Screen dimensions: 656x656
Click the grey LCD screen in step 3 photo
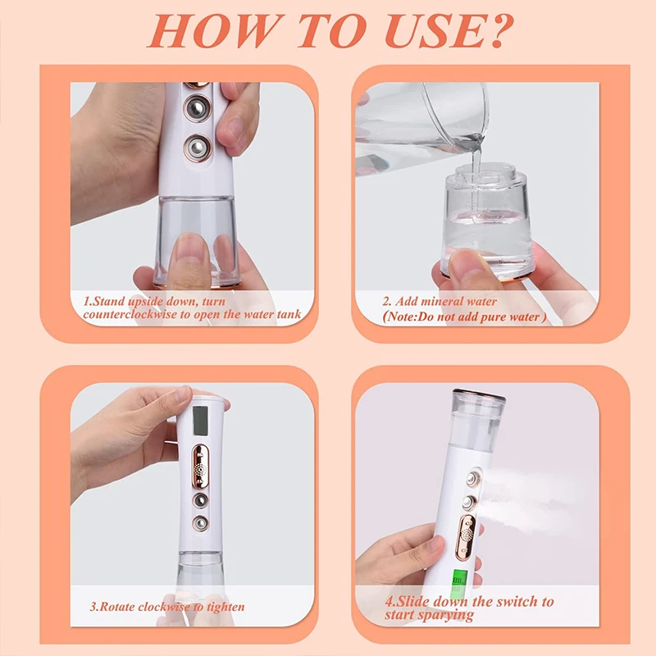pyautogui.click(x=202, y=420)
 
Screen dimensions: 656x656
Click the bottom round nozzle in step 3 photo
pyautogui.click(x=199, y=522)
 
